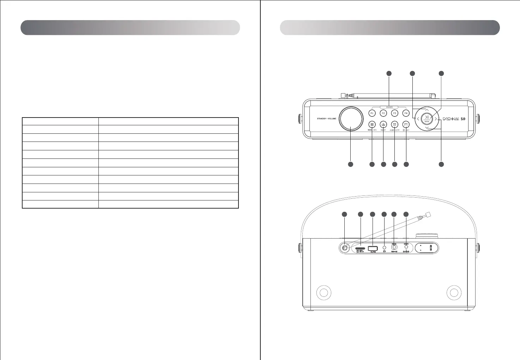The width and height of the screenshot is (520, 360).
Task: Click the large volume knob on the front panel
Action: (x=351, y=119)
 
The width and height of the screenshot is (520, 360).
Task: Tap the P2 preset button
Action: (x=383, y=113)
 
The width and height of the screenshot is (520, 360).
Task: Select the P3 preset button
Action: (x=395, y=113)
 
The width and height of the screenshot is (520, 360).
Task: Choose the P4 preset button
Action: (x=406, y=113)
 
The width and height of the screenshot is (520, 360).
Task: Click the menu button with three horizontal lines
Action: (x=372, y=125)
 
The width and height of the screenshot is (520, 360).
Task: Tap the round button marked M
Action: (x=406, y=125)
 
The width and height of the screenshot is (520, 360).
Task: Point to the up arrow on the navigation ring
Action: (x=427, y=110)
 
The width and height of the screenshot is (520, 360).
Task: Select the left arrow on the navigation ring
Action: (x=418, y=119)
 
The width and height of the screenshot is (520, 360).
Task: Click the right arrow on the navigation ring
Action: (x=436, y=119)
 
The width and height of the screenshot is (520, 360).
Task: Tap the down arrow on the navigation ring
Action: (x=427, y=128)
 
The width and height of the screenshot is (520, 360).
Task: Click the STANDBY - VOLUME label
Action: (x=326, y=119)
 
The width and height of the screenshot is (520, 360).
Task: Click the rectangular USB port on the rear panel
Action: (x=373, y=248)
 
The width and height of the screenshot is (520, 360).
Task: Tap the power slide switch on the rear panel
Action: (x=395, y=248)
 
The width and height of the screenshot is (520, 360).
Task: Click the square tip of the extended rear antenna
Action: (x=429, y=214)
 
